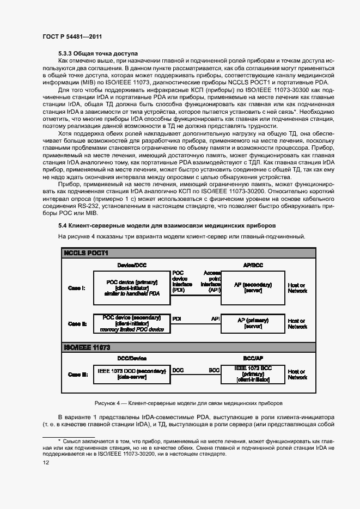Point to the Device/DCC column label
click(x=132, y=265)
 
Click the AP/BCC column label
click(x=253, y=265)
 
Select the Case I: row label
click(x=77, y=287)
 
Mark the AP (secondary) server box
click(x=253, y=287)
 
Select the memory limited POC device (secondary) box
click(x=132, y=323)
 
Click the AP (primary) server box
click(x=253, y=323)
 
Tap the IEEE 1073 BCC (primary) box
click(x=253, y=374)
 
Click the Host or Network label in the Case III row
click(x=297, y=374)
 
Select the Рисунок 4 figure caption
click(x=188, y=403)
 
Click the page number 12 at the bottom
click(x=46, y=462)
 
